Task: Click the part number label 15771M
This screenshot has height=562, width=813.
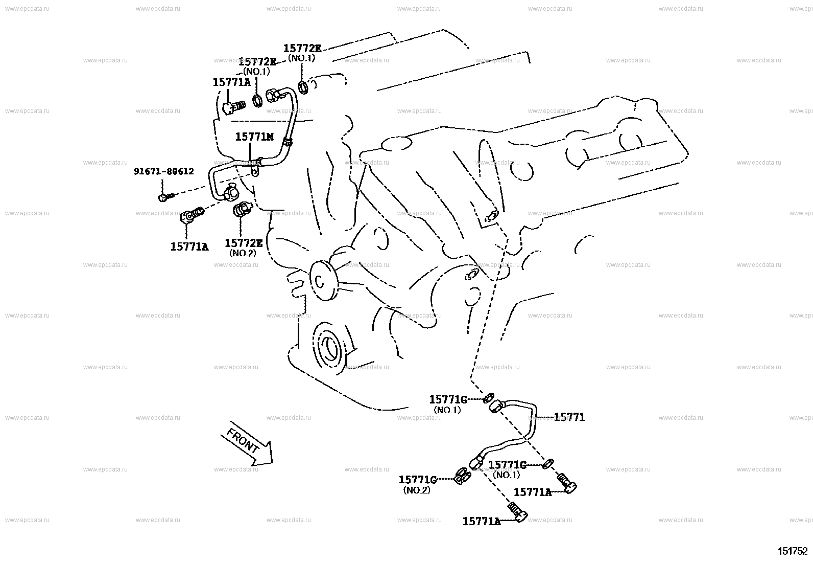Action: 254,137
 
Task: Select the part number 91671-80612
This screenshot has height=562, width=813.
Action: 164,171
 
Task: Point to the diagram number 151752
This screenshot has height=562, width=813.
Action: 793,551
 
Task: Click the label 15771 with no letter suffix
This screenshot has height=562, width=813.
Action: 569,417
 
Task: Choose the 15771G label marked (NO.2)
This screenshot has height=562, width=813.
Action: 417,480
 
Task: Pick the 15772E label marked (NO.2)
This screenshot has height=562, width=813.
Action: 243,243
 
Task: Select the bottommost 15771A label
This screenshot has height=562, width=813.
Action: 481,521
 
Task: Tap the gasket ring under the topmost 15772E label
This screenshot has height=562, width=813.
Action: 302,87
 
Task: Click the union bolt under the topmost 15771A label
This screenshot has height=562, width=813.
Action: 234,107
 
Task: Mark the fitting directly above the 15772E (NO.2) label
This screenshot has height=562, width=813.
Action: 241,210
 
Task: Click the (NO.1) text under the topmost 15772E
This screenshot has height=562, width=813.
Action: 302,58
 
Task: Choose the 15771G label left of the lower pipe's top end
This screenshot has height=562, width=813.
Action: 448,399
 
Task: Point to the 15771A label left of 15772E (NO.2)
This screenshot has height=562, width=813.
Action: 189,246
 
